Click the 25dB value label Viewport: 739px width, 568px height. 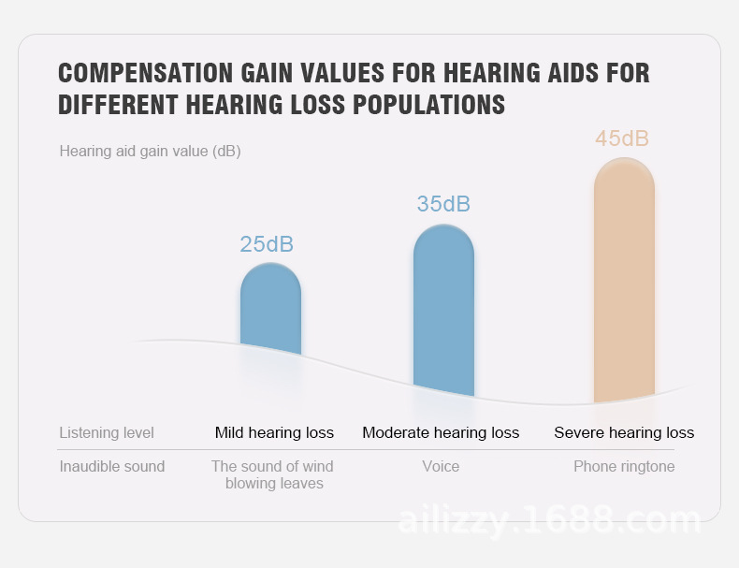(267, 244)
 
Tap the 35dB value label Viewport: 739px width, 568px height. (443, 204)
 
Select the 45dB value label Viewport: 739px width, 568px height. (622, 138)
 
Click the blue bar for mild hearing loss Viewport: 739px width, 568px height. (270, 309)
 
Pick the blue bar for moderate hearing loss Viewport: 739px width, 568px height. (443, 309)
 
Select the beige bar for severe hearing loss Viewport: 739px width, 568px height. (624, 281)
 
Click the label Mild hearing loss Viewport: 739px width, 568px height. (274, 432)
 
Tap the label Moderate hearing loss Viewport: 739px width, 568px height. (441, 432)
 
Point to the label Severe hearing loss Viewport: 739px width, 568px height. (624, 432)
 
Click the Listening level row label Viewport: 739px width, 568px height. (107, 432)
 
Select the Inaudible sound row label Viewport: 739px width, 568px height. (112, 466)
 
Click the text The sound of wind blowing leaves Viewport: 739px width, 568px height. (273, 474)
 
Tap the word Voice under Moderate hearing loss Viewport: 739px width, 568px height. (441, 466)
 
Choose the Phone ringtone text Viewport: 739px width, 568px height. (624, 466)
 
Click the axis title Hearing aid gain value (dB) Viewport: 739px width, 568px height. (150, 151)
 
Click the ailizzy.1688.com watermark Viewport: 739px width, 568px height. (550, 519)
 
